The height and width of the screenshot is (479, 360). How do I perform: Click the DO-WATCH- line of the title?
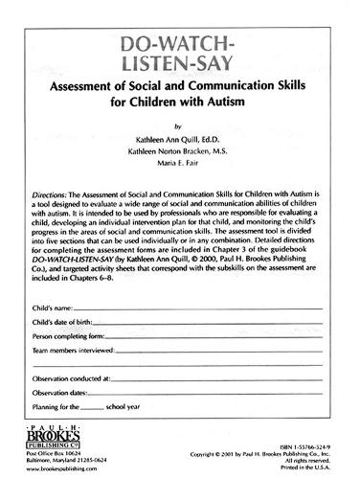click(x=179, y=46)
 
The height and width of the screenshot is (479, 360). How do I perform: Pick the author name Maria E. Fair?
click(x=180, y=165)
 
